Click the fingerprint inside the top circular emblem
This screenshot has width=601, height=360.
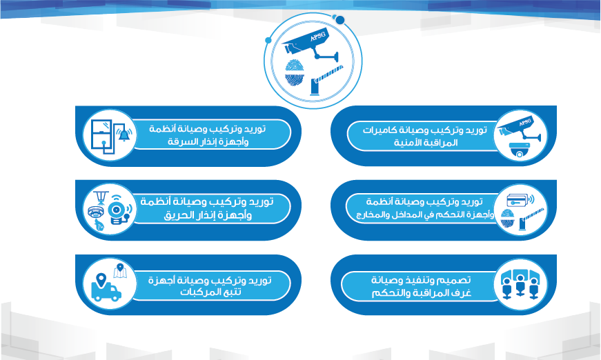(x=295, y=72)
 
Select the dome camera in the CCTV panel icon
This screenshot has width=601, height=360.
(x=520, y=150)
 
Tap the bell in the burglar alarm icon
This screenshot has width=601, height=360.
(x=124, y=134)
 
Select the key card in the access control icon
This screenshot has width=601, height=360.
(x=518, y=200)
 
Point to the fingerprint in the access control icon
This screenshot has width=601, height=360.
(x=507, y=219)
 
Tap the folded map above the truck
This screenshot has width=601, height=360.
(x=120, y=271)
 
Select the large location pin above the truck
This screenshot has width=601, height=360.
(x=101, y=280)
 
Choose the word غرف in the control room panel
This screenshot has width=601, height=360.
(x=461, y=292)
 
